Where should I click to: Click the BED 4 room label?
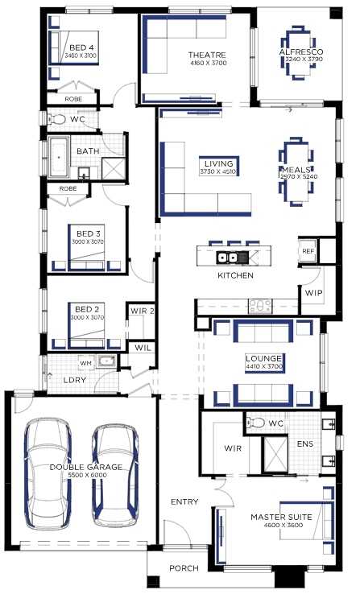tap(81, 47)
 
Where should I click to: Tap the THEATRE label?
tap(207, 56)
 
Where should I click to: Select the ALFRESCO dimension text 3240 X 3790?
tap(304, 59)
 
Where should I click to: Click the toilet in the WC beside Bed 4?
tap(56, 119)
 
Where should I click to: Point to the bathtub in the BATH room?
tap(59, 157)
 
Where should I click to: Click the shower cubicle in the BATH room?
tap(114, 168)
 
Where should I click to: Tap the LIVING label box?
tap(218, 167)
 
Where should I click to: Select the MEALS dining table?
tap(296, 171)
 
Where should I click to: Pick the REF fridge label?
tap(308, 251)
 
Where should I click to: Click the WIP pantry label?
tap(314, 293)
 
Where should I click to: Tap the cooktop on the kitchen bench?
tap(260, 306)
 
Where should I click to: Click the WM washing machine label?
tap(86, 363)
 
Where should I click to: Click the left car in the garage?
tap(48, 473)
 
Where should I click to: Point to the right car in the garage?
tap(115, 476)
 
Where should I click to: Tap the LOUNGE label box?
tap(264, 362)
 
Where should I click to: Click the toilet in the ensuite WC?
tap(256, 423)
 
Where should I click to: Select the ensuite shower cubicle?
tap(275, 454)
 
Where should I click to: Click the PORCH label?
tap(184, 568)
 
